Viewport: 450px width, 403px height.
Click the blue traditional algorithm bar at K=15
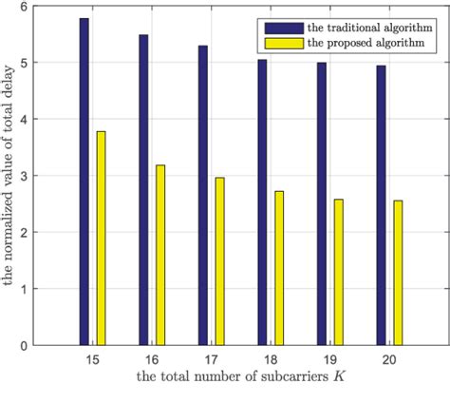click(84, 181)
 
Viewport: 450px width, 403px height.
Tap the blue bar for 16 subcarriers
click(143, 189)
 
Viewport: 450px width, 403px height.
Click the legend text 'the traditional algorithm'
click(366, 28)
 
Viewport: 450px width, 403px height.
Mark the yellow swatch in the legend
click(286, 44)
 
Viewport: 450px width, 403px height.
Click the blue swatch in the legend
click(286, 28)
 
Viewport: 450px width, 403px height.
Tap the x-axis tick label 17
click(211, 362)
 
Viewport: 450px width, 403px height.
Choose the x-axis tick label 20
click(389, 362)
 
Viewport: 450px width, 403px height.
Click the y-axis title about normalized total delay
click(10, 177)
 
